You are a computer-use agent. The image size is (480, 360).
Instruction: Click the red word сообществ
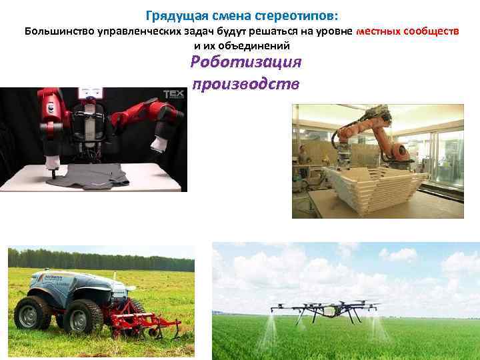pos(435,31)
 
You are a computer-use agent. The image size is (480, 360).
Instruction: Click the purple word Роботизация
pos(246,62)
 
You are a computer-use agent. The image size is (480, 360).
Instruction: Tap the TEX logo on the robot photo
pos(174,95)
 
